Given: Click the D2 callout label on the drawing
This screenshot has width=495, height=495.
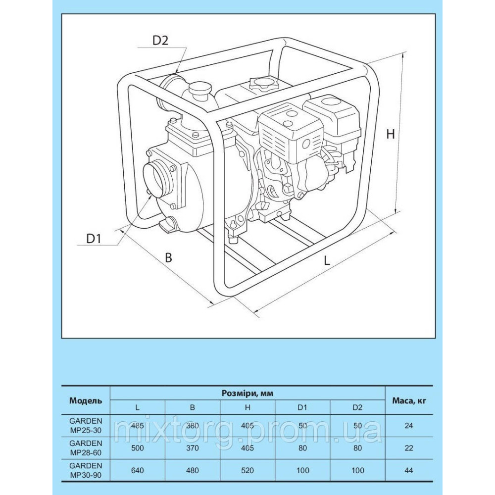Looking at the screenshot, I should coord(160,41).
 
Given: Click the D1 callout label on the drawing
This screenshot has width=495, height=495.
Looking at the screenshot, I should coord(94,238).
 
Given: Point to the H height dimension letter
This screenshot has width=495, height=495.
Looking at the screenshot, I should coord(391,134).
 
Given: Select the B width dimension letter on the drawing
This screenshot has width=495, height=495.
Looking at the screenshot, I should coord(168,257).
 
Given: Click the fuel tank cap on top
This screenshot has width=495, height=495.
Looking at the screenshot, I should coord(260,84).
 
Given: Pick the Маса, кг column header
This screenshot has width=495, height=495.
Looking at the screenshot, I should coord(409,400).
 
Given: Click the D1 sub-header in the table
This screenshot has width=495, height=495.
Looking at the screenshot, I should coord(302,407).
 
